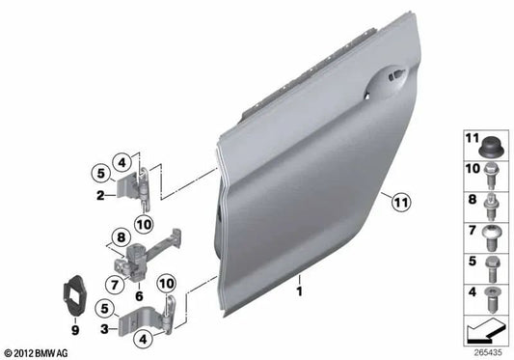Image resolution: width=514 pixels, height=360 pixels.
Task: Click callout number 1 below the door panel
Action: coord(300,288)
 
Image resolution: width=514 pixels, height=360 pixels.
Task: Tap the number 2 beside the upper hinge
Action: coord(99,196)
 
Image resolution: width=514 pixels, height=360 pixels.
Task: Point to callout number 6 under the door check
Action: coord(139,283)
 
